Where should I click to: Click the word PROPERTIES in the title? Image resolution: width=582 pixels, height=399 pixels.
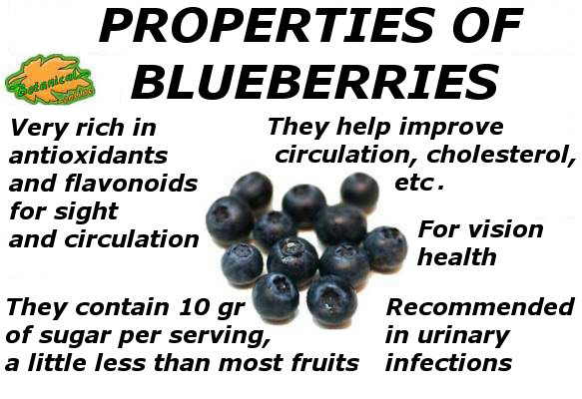click(266, 25)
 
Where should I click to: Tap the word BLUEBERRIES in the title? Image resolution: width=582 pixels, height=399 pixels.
click(315, 82)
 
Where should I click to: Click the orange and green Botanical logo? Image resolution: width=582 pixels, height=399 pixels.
click(49, 80)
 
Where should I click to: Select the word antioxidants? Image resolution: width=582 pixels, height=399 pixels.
click(88, 156)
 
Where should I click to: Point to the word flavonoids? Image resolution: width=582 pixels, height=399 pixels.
click(131, 184)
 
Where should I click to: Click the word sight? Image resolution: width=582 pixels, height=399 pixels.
click(86, 212)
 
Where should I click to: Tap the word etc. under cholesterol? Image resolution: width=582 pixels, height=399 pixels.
click(419, 183)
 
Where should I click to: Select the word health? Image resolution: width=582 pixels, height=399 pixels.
click(457, 256)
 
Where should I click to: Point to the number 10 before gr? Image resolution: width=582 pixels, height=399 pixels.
click(194, 307)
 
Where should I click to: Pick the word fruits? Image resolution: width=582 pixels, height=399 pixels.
click(324, 363)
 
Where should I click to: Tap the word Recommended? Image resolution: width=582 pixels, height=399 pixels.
click(480, 307)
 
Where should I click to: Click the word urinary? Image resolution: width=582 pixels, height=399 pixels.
click(463, 336)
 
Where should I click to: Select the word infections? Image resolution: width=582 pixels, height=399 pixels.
click(448, 363)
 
